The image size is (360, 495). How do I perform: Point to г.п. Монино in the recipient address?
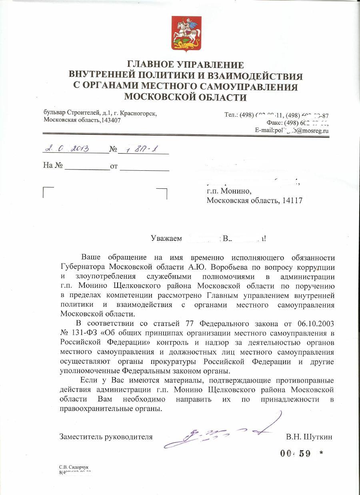[228, 191]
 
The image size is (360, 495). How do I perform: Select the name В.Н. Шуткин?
[309, 437]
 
